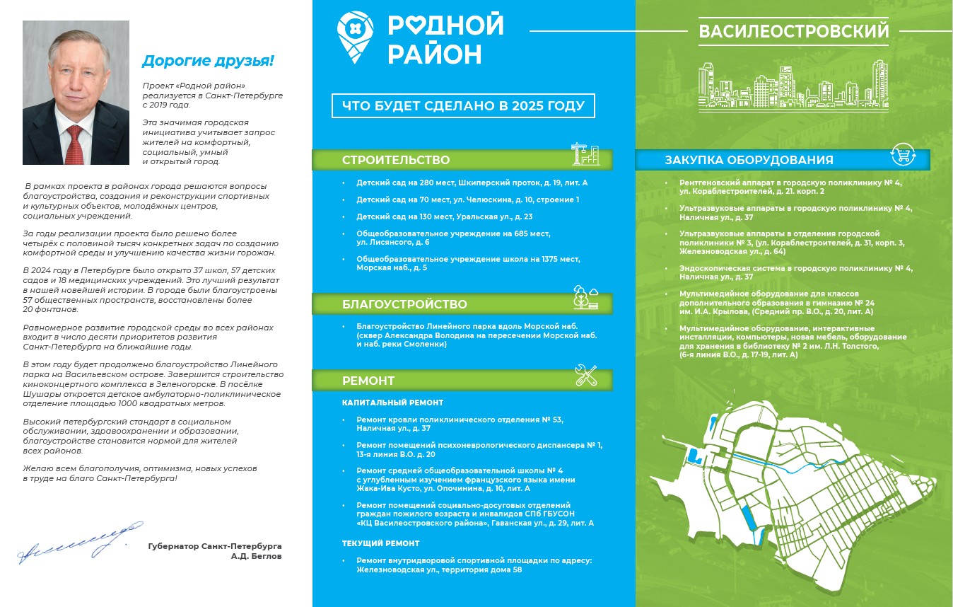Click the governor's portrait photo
click(x=76, y=93)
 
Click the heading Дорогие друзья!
click(x=207, y=61)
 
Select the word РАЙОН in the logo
click(x=434, y=54)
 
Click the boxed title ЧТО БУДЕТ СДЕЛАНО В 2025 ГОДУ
click(x=463, y=106)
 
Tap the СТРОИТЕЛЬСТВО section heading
click(x=396, y=160)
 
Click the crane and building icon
click(x=585, y=155)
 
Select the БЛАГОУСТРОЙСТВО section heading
click(x=404, y=304)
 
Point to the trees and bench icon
click(x=585, y=297)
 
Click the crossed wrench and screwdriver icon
click(x=586, y=376)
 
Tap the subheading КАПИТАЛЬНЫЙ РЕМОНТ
click(x=392, y=403)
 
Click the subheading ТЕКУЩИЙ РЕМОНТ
click(x=380, y=543)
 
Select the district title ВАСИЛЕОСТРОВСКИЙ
click(x=793, y=32)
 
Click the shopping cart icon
click(x=903, y=155)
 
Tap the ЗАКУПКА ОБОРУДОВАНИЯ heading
click(x=749, y=160)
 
